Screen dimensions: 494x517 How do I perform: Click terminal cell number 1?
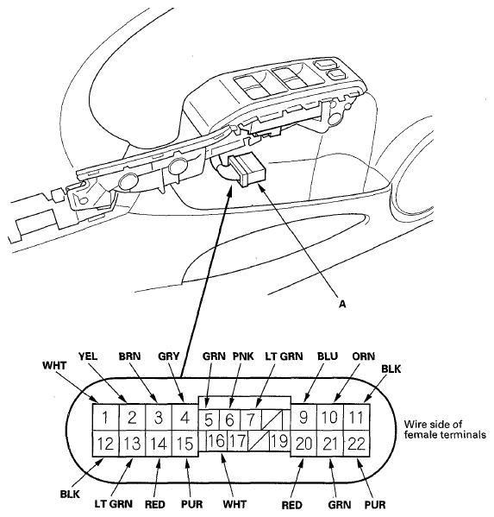point(105,417)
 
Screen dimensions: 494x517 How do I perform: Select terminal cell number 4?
point(185,417)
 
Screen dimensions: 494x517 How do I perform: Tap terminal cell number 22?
point(357,444)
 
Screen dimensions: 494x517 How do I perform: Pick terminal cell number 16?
point(216,441)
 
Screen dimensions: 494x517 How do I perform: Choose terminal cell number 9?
point(303,417)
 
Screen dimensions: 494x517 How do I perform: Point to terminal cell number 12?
point(105,444)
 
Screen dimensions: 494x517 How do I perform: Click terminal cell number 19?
point(279,441)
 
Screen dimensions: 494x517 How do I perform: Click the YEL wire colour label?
point(88,356)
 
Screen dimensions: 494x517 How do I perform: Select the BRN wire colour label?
point(130,356)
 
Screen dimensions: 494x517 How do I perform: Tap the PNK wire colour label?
point(243,356)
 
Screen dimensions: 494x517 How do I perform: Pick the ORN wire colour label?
point(363,356)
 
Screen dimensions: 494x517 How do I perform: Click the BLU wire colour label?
point(328,356)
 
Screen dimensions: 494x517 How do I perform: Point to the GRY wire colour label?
point(169,356)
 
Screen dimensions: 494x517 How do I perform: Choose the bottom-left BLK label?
point(70,495)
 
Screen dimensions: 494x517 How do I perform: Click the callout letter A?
point(342,304)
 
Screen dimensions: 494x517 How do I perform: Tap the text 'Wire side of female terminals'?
point(445,430)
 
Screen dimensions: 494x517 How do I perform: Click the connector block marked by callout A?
point(247,171)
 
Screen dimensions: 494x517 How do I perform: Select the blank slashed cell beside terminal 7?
point(272,419)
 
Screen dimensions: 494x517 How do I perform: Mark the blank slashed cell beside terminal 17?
point(259,441)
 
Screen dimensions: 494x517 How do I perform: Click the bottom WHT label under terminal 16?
point(234,504)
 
